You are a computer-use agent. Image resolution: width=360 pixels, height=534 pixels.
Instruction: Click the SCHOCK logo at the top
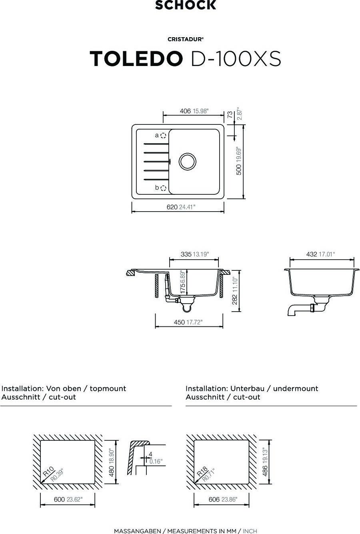click(186, 5)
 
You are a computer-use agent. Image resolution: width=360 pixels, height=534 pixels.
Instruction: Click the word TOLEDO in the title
click(136, 59)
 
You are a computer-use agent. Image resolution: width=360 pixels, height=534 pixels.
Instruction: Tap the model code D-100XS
click(236, 59)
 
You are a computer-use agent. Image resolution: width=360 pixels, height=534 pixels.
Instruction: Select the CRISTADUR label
click(186, 39)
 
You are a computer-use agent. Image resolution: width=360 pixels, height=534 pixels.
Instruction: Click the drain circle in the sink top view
click(187, 161)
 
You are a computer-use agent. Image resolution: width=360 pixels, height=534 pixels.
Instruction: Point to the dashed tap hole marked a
click(163, 136)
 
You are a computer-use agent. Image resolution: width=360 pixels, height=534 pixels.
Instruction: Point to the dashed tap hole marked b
click(163, 188)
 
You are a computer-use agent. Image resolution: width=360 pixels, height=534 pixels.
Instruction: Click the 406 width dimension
click(185, 111)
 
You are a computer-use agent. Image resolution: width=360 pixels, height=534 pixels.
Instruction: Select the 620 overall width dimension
click(172, 207)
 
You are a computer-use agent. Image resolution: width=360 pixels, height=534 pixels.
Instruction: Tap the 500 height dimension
click(239, 170)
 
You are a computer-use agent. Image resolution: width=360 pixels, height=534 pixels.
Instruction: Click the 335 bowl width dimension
click(186, 254)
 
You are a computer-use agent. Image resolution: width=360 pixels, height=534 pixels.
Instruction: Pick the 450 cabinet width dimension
click(179, 322)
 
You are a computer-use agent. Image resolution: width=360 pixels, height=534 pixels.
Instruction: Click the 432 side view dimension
click(312, 254)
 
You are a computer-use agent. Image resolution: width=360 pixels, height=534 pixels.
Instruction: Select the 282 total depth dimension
click(235, 300)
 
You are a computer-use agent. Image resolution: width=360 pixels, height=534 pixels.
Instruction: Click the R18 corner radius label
click(202, 471)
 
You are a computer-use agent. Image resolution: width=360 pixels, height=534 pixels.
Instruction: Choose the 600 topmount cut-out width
click(59, 500)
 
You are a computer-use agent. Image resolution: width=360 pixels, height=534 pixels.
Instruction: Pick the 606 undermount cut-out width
click(214, 500)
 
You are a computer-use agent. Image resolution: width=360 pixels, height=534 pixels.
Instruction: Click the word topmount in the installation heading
click(108, 388)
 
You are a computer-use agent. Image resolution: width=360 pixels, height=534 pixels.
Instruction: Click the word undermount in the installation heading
click(296, 388)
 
